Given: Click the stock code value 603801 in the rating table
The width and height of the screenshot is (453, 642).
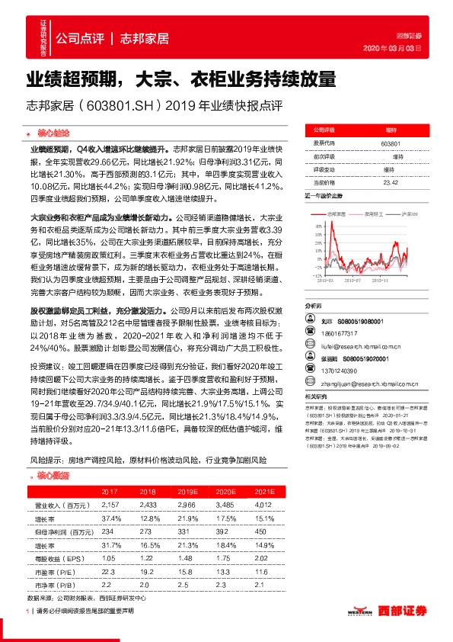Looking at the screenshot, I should tap(389, 144).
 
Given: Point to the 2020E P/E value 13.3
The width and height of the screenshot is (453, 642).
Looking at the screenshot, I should tap(222, 572).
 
